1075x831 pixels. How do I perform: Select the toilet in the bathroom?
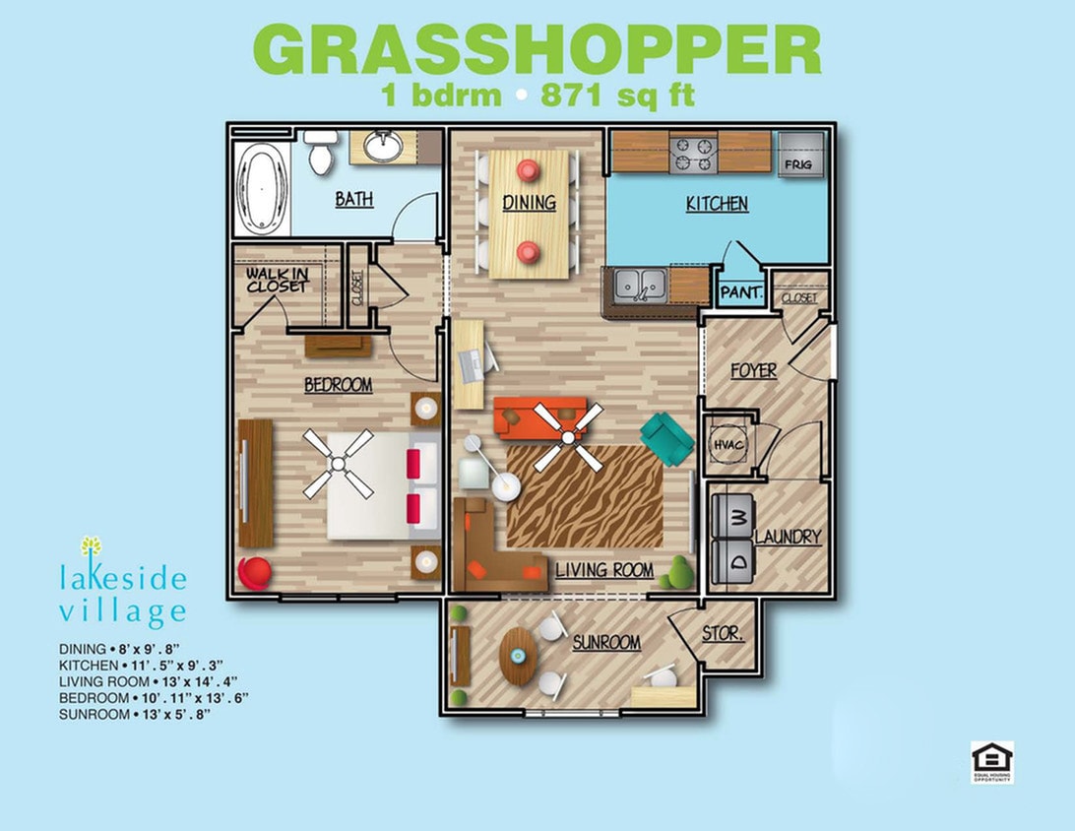tap(319, 154)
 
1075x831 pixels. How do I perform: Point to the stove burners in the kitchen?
tap(692, 153)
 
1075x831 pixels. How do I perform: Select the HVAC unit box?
tap(728, 445)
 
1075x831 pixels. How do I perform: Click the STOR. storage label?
tap(723, 634)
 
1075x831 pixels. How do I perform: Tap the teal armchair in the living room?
tap(667, 438)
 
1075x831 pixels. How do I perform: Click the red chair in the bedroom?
tap(253, 574)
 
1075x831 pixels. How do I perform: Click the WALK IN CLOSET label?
tap(277, 280)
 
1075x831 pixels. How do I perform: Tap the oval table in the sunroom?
tap(518, 655)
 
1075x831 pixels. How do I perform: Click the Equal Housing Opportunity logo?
tap(991, 762)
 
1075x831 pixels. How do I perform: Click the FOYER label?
tap(753, 371)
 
